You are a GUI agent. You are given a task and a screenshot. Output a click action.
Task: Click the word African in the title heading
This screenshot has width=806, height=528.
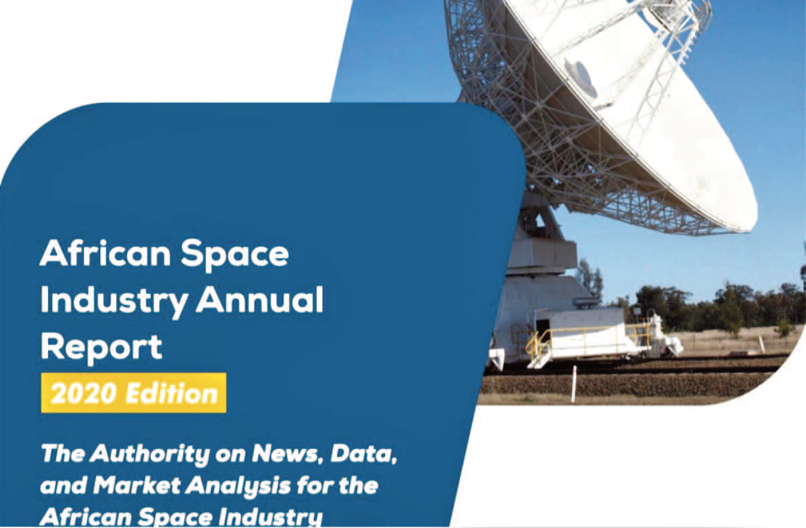point(105,253)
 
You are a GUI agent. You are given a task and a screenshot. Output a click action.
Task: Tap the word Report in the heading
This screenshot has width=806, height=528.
point(102,348)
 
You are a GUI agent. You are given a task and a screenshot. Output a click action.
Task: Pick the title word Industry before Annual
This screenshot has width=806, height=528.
point(114,301)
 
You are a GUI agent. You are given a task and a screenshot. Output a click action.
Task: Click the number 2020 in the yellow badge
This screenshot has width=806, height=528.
point(85,394)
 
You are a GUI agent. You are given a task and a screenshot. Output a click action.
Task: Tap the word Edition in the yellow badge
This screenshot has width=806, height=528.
point(172,393)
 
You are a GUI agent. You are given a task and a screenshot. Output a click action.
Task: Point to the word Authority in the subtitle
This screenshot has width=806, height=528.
point(150,454)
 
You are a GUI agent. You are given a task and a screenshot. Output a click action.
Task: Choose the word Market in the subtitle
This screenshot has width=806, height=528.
point(137,485)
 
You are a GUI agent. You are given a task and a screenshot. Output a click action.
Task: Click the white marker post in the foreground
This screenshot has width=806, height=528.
point(574,384)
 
